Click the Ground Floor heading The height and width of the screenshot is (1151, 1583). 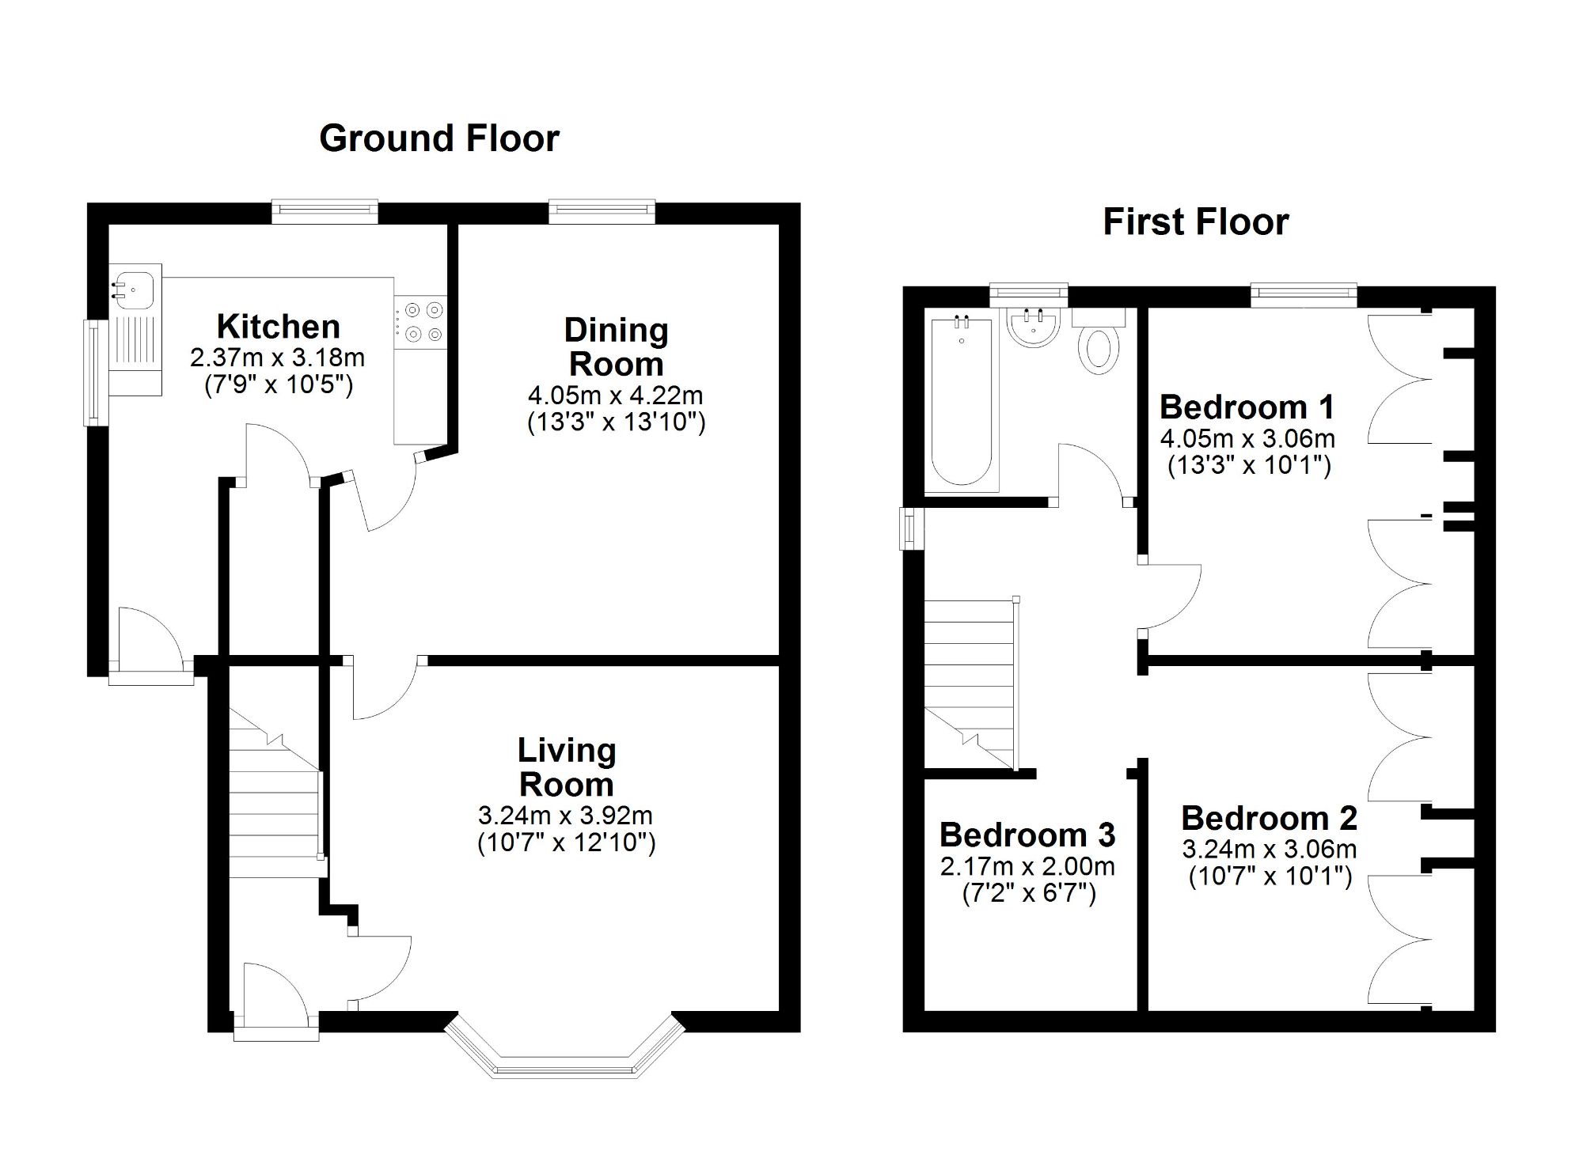pos(439,138)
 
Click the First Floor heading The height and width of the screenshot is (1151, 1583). pos(1195,221)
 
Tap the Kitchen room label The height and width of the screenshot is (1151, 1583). pos(279,327)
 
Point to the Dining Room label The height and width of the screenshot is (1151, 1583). pos(616,347)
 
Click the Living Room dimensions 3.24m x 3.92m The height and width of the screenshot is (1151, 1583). pos(565,815)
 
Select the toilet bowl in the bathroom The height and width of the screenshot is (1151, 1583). pos(1099,348)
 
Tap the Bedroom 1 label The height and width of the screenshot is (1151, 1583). pos(1247,407)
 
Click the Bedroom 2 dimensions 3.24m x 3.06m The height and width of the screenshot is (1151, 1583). pos(1270,850)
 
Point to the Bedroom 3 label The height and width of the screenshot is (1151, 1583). pos(1027,835)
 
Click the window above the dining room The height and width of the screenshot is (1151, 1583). pos(602,210)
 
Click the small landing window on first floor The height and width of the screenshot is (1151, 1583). pos(911,528)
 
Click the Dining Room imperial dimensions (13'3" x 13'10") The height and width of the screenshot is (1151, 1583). pos(616,422)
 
